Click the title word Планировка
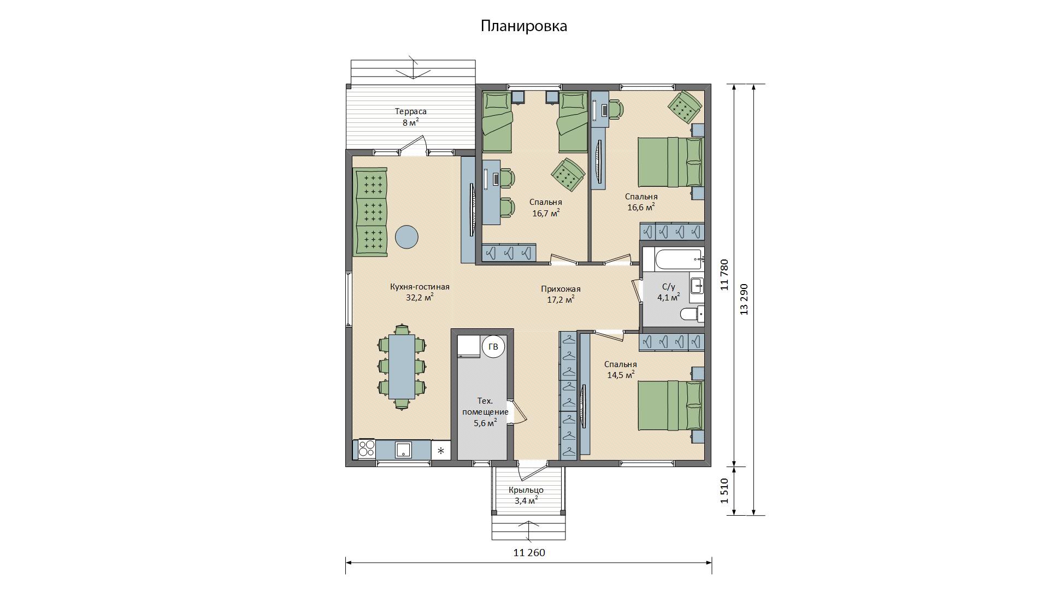[x=524, y=26]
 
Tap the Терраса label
[x=411, y=111]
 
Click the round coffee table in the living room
[x=406, y=237]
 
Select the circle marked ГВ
[x=493, y=347]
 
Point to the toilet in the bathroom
[x=692, y=314]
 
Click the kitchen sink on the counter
[x=404, y=450]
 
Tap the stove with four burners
[x=367, y=449]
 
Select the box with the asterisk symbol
[x=441, y=450]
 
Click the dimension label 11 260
[x=529, y=552]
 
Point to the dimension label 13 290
[x=743, y=299]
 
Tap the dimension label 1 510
[x=724, y=491]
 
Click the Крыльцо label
[x=526, y=490]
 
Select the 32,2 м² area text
[x=420, y=297]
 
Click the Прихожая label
[x=561, y=289]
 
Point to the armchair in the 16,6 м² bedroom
[x=685, y=107]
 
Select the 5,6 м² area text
[x=485, y=422]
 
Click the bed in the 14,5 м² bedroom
[x=671, y=405]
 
